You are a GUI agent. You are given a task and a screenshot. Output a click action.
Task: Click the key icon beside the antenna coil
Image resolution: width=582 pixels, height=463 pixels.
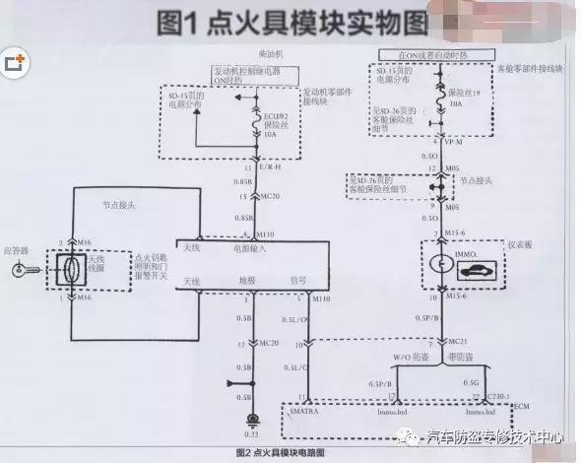tap(21, 269)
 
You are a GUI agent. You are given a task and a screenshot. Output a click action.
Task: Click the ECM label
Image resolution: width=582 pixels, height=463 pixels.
tap(520, 407)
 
